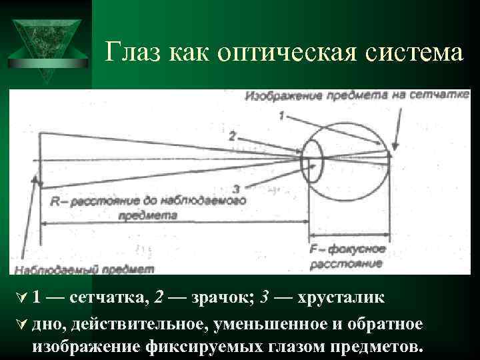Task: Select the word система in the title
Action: pos(412,51)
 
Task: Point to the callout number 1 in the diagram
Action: pos(282,116)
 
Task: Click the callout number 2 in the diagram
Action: pos(231,135)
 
